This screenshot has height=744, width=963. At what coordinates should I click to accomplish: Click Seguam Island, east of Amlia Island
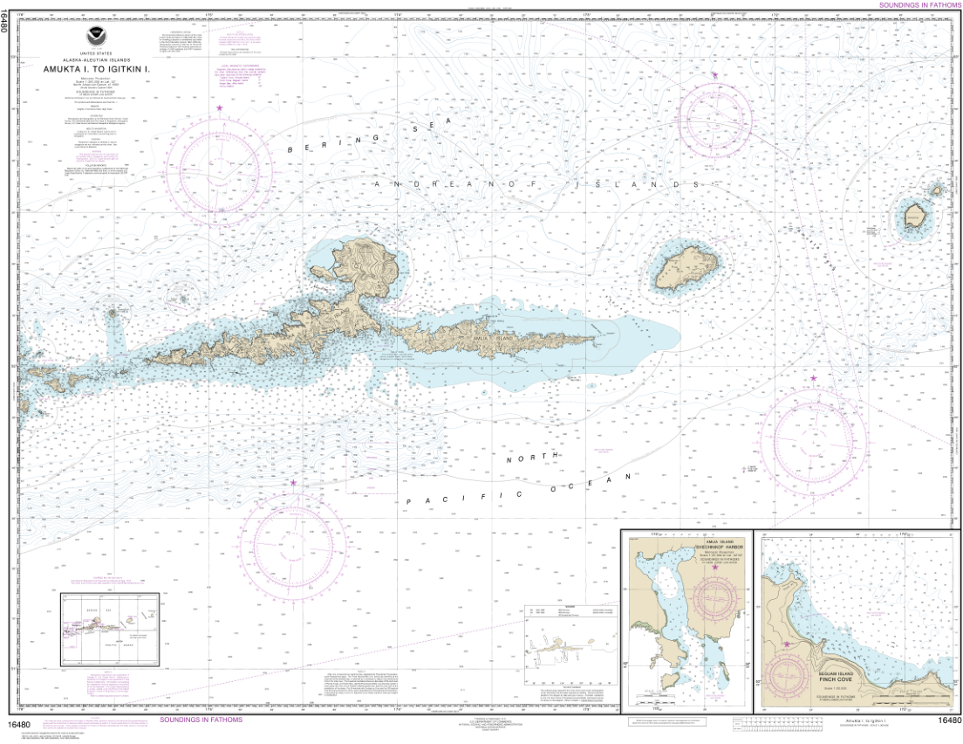point(687,266)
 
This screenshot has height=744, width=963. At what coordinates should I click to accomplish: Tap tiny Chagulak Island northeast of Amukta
point(937,189)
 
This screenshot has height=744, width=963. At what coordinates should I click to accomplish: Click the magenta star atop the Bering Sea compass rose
point(219,107)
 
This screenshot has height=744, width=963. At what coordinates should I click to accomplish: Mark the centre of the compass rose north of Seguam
point(715,112)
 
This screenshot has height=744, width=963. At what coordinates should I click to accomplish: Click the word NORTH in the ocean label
point(534,458)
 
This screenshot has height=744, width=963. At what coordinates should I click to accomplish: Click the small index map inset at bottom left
point(110,628)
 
